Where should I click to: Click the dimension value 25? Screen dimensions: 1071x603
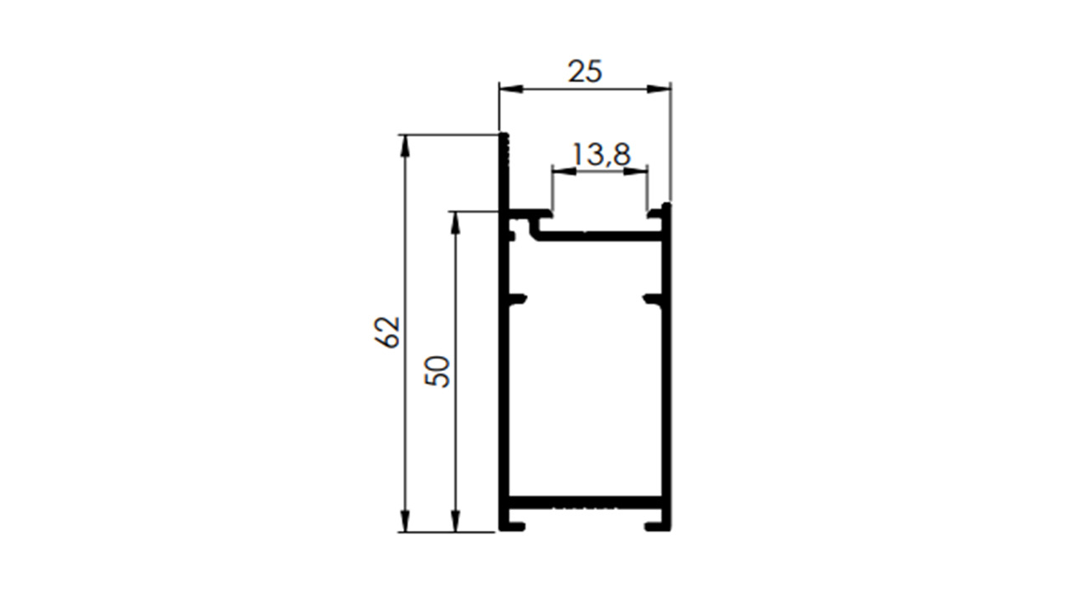pos(585,71)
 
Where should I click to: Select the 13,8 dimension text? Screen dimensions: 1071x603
pos(602,155)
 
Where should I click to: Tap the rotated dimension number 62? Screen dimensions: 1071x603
pos(387,332)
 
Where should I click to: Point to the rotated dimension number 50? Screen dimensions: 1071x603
pos(437,371)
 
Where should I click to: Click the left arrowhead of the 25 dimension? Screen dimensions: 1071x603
pos(511,89)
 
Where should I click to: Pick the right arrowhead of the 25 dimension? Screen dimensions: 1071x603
pos(658,89)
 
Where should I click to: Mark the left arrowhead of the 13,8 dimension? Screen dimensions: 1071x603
pos(564,171)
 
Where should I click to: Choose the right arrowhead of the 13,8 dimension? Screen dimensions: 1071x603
pos(636,171)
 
